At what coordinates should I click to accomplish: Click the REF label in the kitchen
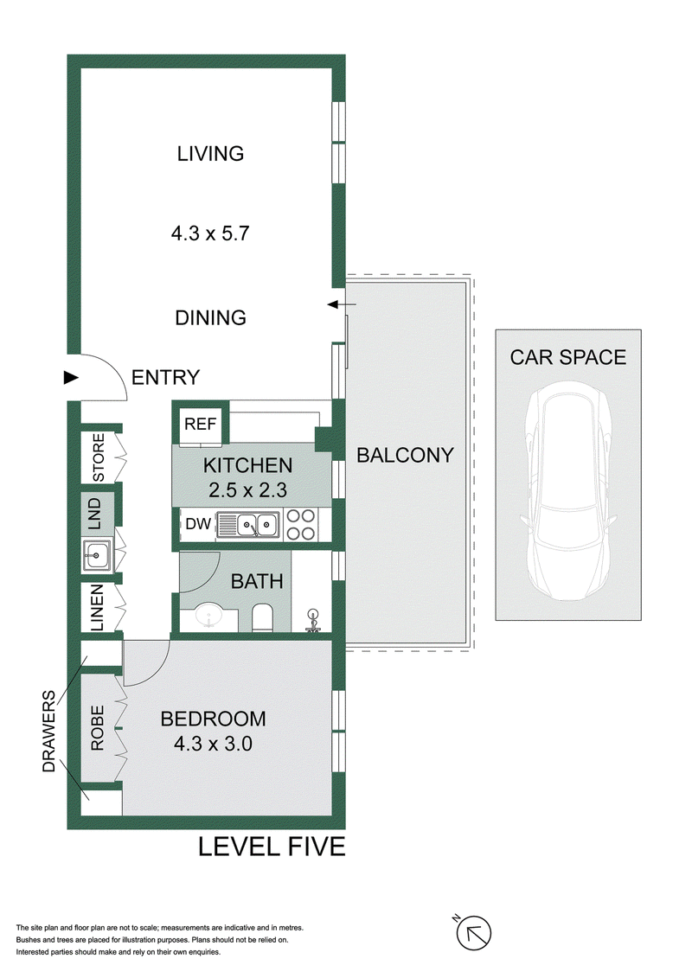pyautogui.click(x=201, y=424)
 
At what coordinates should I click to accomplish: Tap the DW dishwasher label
pyautogui.click(x=198, y=523)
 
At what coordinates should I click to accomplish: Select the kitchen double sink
pyautogui.click(x=248, y=525)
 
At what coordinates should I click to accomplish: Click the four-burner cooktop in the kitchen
pyautogui.click(x=300, y=524)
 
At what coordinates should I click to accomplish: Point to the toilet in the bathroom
pyautogui.click(x=262, y=617)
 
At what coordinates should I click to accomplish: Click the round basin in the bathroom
pyautogui.click(x=208, y=617)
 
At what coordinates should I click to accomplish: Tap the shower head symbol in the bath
pyautogui.click(x=312, y=621)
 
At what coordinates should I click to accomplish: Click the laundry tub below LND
pyautogui.click(x=96, y=554)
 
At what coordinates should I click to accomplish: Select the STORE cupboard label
pyautogui.click(x=99, y=457)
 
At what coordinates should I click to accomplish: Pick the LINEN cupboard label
pyautogui.click(x=98, y=608)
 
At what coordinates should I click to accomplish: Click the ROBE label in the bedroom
pyautogui.click(x=98, y=728)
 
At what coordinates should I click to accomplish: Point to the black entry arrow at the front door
pyautogui.click(x=71, y=377)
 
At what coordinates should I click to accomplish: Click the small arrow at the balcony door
pyautogui.click(x=342, y=304)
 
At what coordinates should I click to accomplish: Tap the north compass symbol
pyautogui.click(x=473, y=932)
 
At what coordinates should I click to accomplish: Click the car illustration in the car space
pyautogui.click(x=567, y=494)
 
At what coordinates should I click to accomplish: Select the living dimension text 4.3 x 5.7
pyautogui.click(x=210, y=233)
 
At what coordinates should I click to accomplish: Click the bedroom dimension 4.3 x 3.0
pyautogui.click(x=213, y=744)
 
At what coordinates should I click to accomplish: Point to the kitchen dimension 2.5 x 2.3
pyautogui.click(x=247, y=490)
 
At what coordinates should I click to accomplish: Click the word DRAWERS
pyautogui.click(x=48, y=731)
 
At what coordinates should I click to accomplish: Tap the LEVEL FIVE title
pyautogui.click(x=272, y=847)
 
